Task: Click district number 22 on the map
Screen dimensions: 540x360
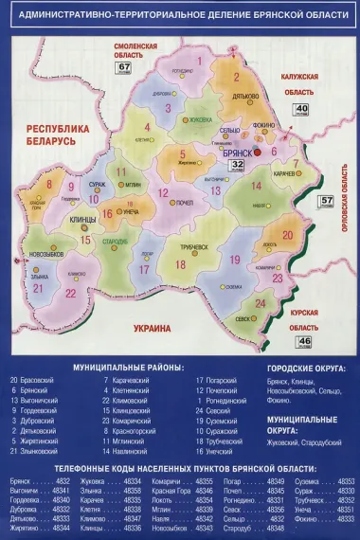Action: tap(70, 294)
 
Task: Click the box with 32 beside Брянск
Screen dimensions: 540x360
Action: tap(238, 165)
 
